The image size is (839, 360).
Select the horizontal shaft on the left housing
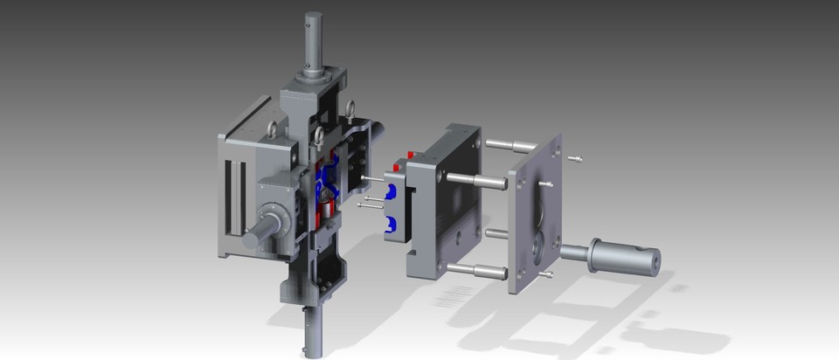(260, 233)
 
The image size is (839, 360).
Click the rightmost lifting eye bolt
(351, 109)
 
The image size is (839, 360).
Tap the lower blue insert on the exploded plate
(391, 226)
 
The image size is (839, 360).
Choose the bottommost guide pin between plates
(476, 271)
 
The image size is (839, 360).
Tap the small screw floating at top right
(574, 158)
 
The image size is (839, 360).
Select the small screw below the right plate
(545, 274)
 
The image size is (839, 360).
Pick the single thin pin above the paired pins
(370, 181)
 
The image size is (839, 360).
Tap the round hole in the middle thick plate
(454, 236)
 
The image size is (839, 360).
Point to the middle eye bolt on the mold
(319, 135)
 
